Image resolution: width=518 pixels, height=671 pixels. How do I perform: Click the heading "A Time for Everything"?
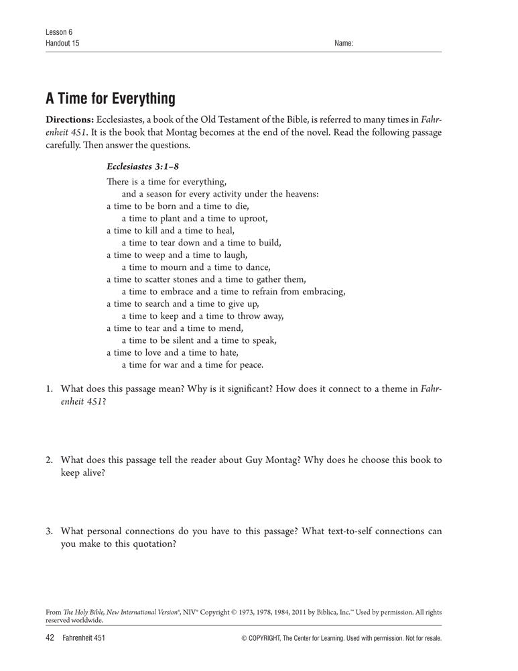pyautogui.click(x=111, y=99)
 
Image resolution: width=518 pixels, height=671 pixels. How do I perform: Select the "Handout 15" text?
pyautogui.click(x=63, y=44)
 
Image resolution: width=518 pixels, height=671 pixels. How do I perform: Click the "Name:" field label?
pyautogui.click(x=343, y=44)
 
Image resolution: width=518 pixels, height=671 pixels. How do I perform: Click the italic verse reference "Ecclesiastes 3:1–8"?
pyautogui.click(x=143, y=166)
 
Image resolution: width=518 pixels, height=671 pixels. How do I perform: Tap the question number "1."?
pyautogui.click(x=50, y=389)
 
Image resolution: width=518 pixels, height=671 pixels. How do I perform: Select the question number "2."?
pyautogui.click(x=50, y=460)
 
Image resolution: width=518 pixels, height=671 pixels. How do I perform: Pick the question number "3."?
pyautogui.click(x=50, y=531)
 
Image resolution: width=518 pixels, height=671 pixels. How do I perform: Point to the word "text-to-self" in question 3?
pyautogui.click(x=331, y=531)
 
